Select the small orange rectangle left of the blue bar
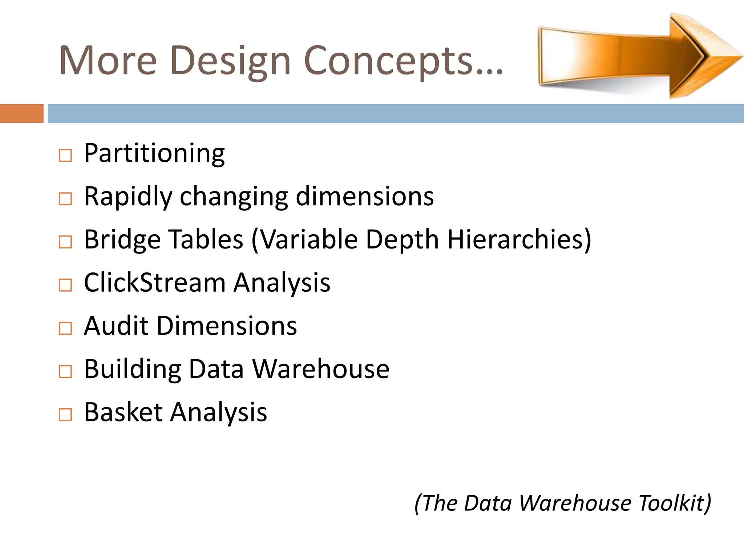[x=21, y=113]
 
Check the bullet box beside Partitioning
[x=65, y=156]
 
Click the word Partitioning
[x=154, y=154]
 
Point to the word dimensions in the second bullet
[x=365, y=196]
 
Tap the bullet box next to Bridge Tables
[x=65, y=242]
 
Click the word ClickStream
[x=154, y=283]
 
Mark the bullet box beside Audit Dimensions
[x=65, y=328]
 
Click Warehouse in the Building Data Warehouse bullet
[x=320, y=369]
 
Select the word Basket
[x=123, y=412]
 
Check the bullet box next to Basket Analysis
[x=65, y=415]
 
